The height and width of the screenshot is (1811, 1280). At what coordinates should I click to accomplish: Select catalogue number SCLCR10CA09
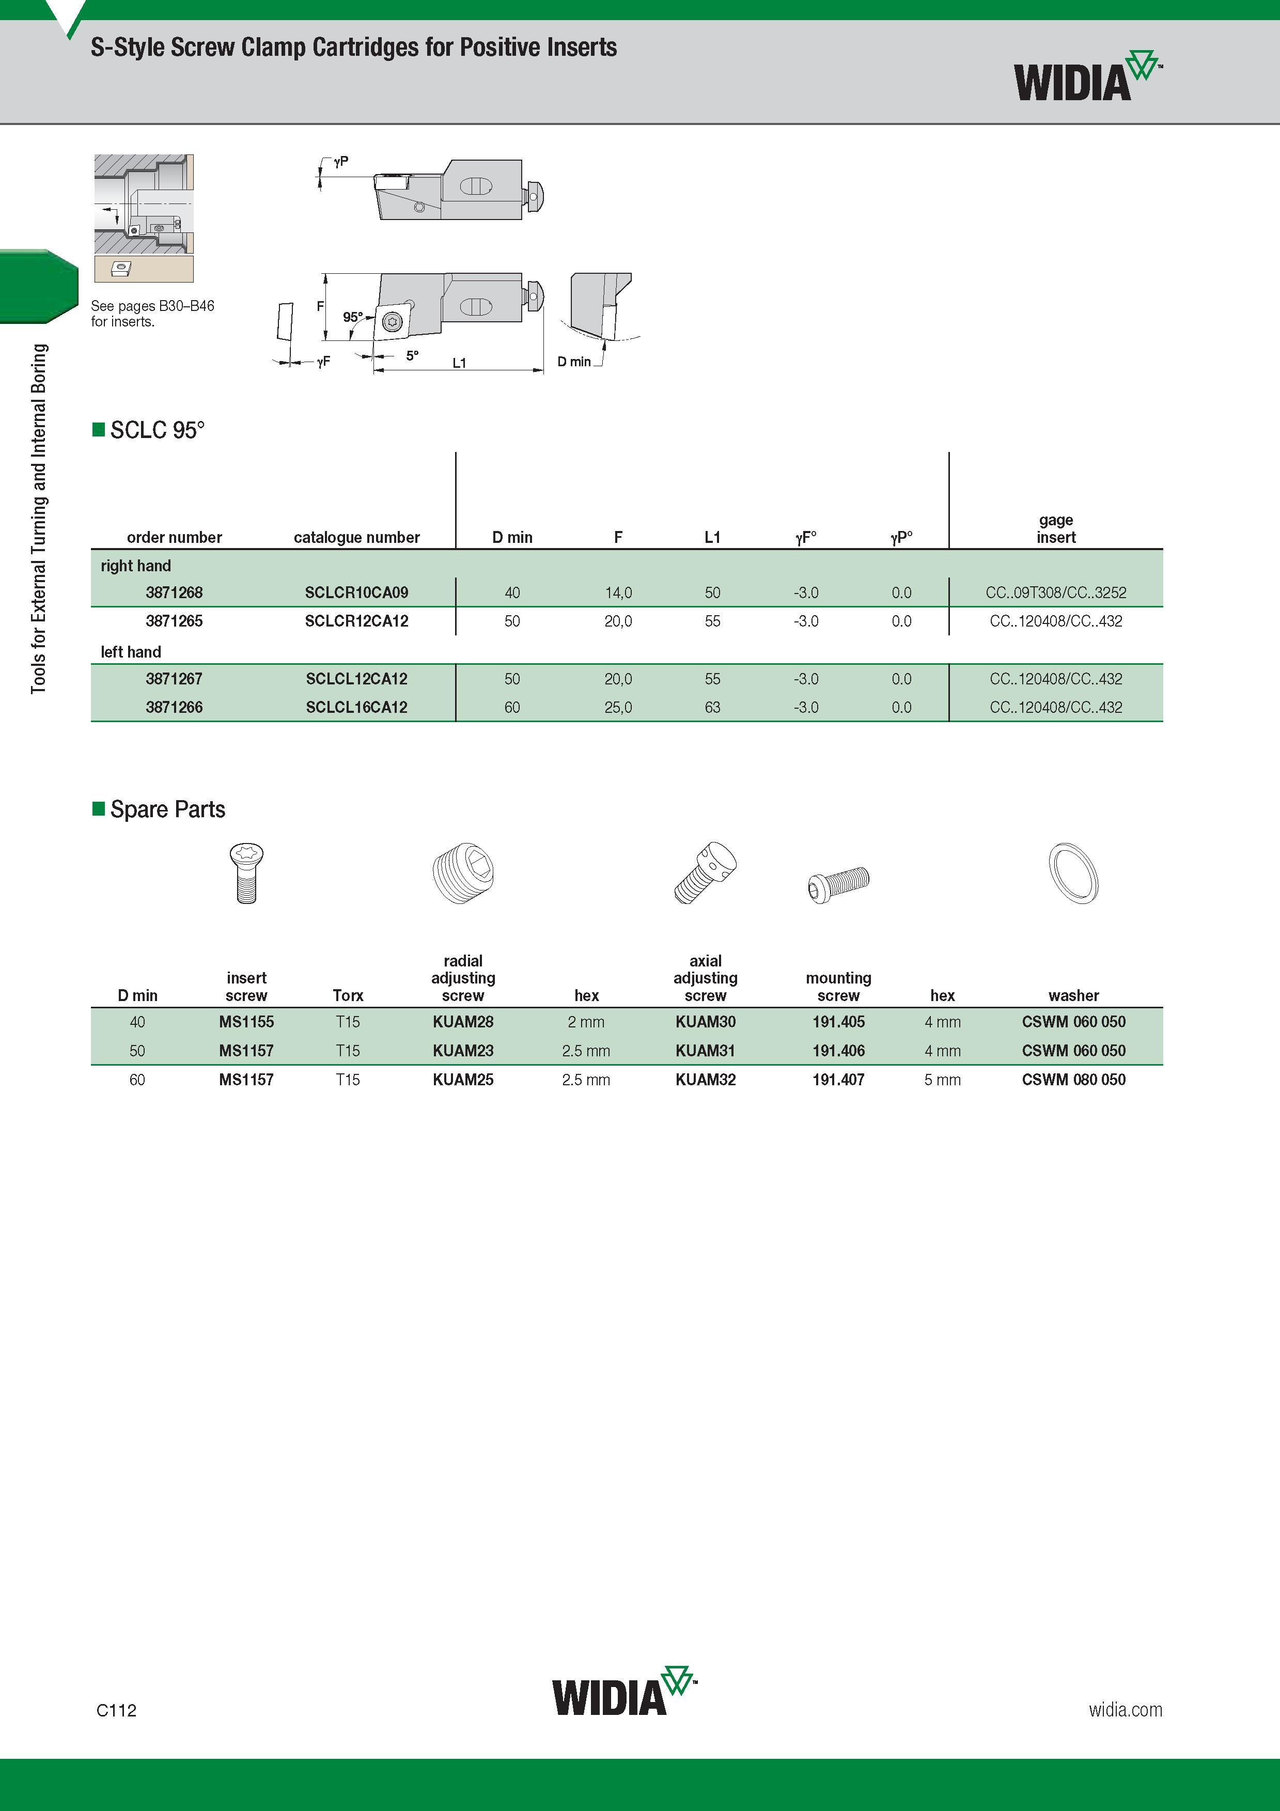(x=356, y=592)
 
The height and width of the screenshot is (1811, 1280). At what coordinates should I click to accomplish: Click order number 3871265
(x=174, y=621)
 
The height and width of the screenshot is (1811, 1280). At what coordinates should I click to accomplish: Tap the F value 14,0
(x=618, y=592)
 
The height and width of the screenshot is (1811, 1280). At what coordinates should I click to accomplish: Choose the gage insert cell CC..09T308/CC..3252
(x=1056, y=592)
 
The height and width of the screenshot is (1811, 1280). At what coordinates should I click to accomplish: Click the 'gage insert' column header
(x=1056, y=528)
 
